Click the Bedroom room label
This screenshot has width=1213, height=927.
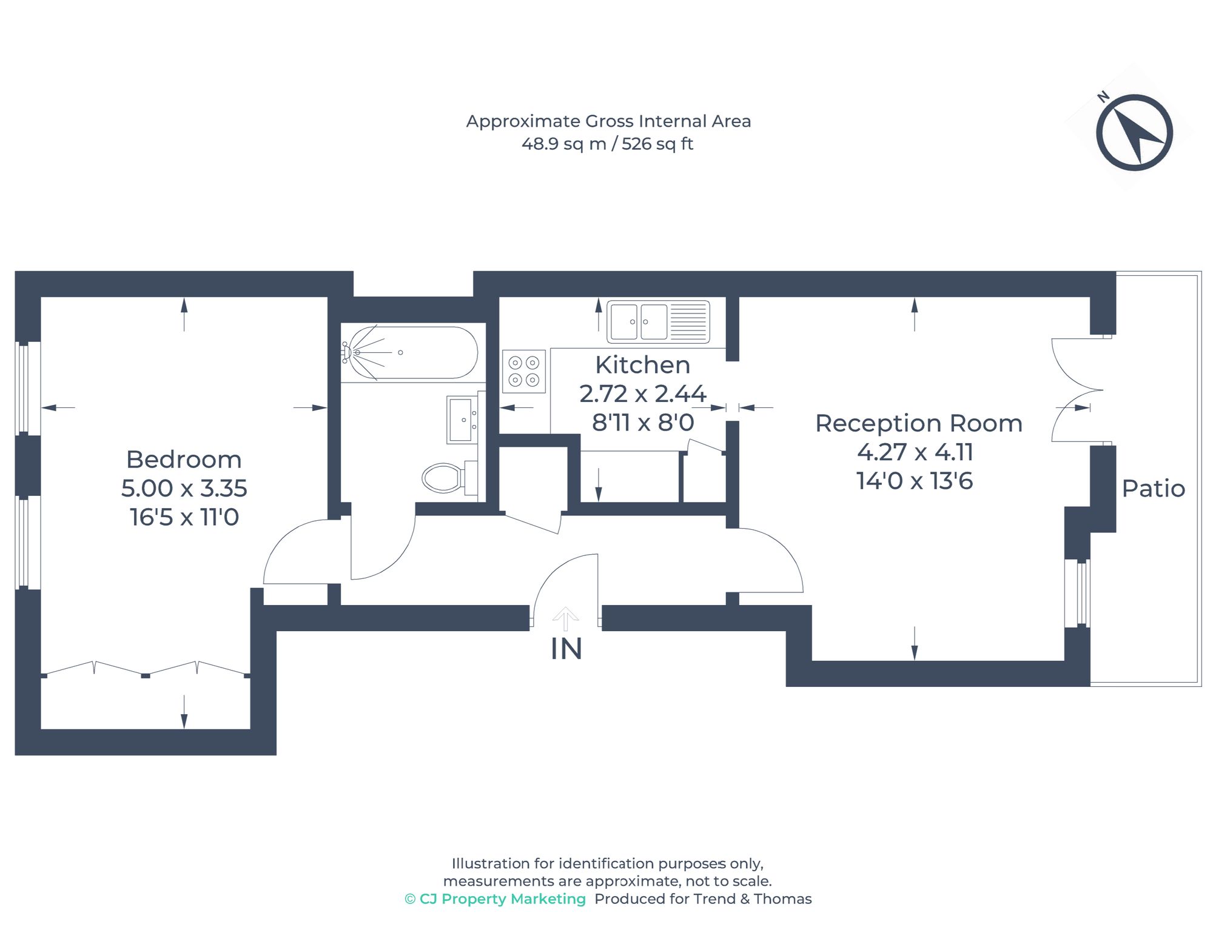(184, 460)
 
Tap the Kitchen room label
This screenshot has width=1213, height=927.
(642, 365)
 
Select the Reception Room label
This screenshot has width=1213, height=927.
(918, 423)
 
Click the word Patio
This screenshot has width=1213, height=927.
(1153, 489)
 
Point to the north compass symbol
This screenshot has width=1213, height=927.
(1134, 132)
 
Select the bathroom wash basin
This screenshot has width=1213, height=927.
(462, 420)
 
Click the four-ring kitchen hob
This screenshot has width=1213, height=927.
(524, 371)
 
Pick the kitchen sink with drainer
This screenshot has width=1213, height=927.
(658, 321)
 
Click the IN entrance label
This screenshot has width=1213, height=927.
(566, 649)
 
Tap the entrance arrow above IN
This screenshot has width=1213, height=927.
(565, 618)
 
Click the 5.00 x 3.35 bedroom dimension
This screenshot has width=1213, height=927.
(184, 489)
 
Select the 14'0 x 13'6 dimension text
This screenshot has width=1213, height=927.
(915, 481)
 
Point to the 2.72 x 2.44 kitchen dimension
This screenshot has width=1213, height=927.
(642, 394)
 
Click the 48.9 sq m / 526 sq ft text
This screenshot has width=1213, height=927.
(607, 144)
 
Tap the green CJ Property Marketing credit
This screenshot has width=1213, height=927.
(496, 899)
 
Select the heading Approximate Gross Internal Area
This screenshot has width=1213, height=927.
(608, 121)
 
